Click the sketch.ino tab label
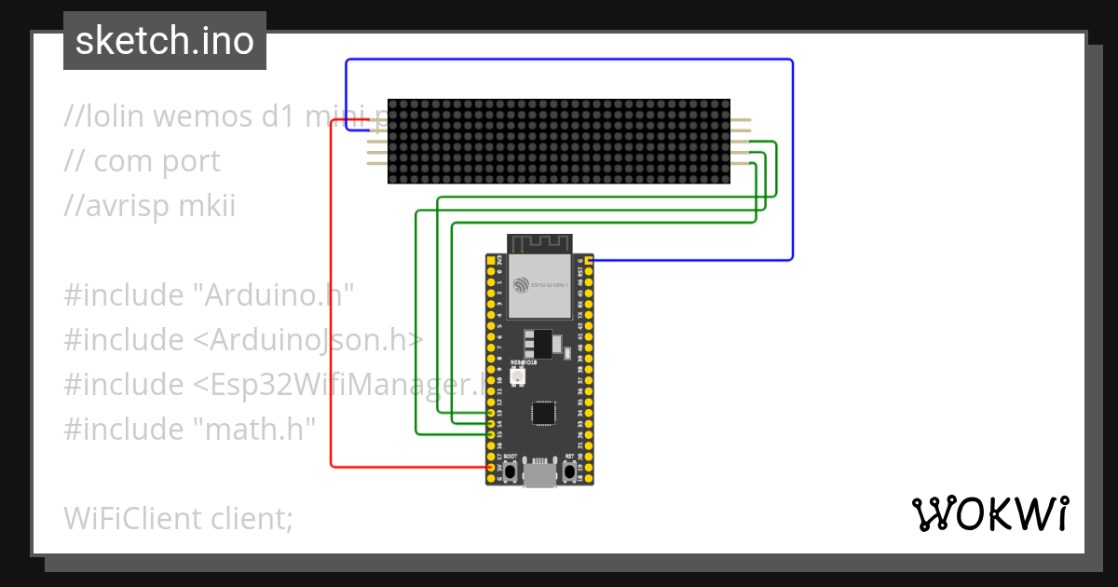pos(165,41)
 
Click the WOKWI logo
pos(989,513)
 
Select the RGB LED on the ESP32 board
pos(518,376)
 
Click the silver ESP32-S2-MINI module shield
pos(541,289)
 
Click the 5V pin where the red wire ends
pos(491,467)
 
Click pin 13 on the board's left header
pos(491,412)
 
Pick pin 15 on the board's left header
pos(491,434)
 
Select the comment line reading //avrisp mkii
pos(150,206)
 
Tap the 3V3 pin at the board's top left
pos(491,260)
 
